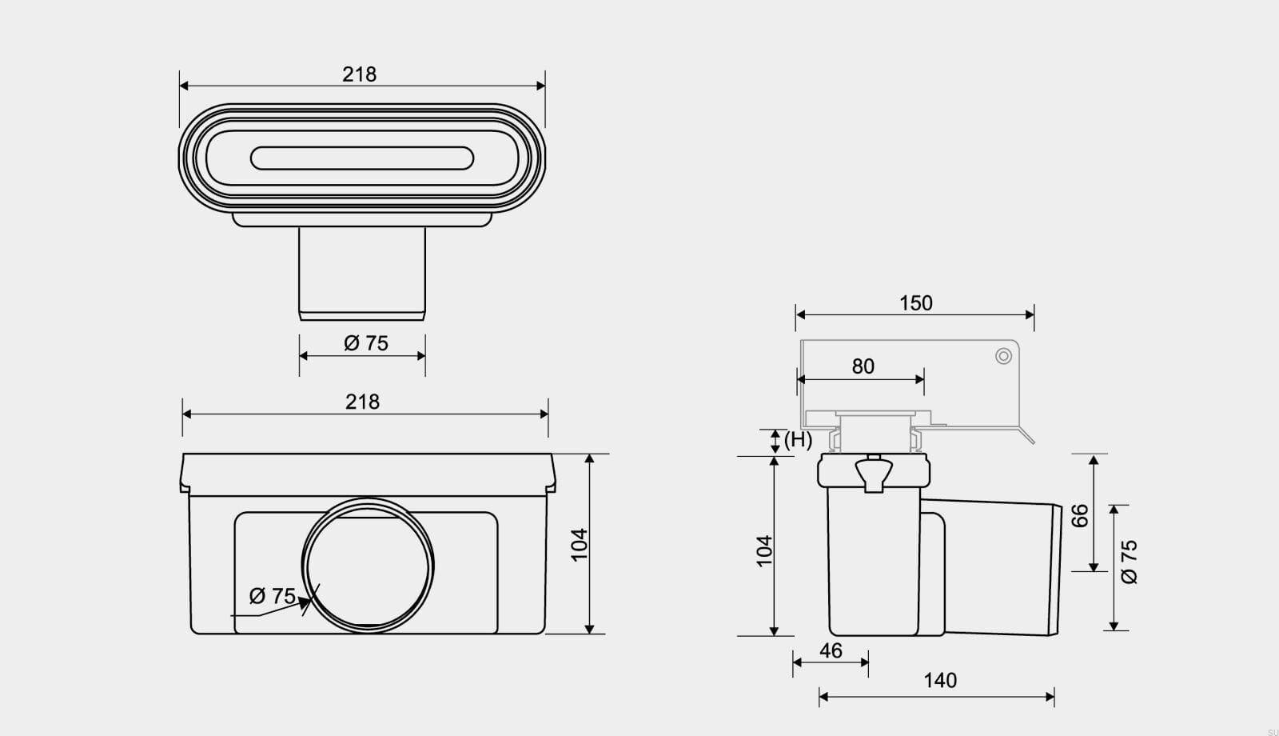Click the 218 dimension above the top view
359,74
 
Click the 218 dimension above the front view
362,402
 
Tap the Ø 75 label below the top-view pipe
365,343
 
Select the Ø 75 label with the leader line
273,596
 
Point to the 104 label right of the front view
579,545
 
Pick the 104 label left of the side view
764,551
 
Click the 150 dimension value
916,303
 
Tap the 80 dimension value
863,366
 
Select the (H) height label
798,440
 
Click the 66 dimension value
1080,515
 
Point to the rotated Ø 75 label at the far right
1130,562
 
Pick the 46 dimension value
831,650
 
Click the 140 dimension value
940,681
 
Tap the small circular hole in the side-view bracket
1003,356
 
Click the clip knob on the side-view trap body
874,473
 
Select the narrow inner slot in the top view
362,158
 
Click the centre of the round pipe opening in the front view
368,566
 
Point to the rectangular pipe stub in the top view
362,274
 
